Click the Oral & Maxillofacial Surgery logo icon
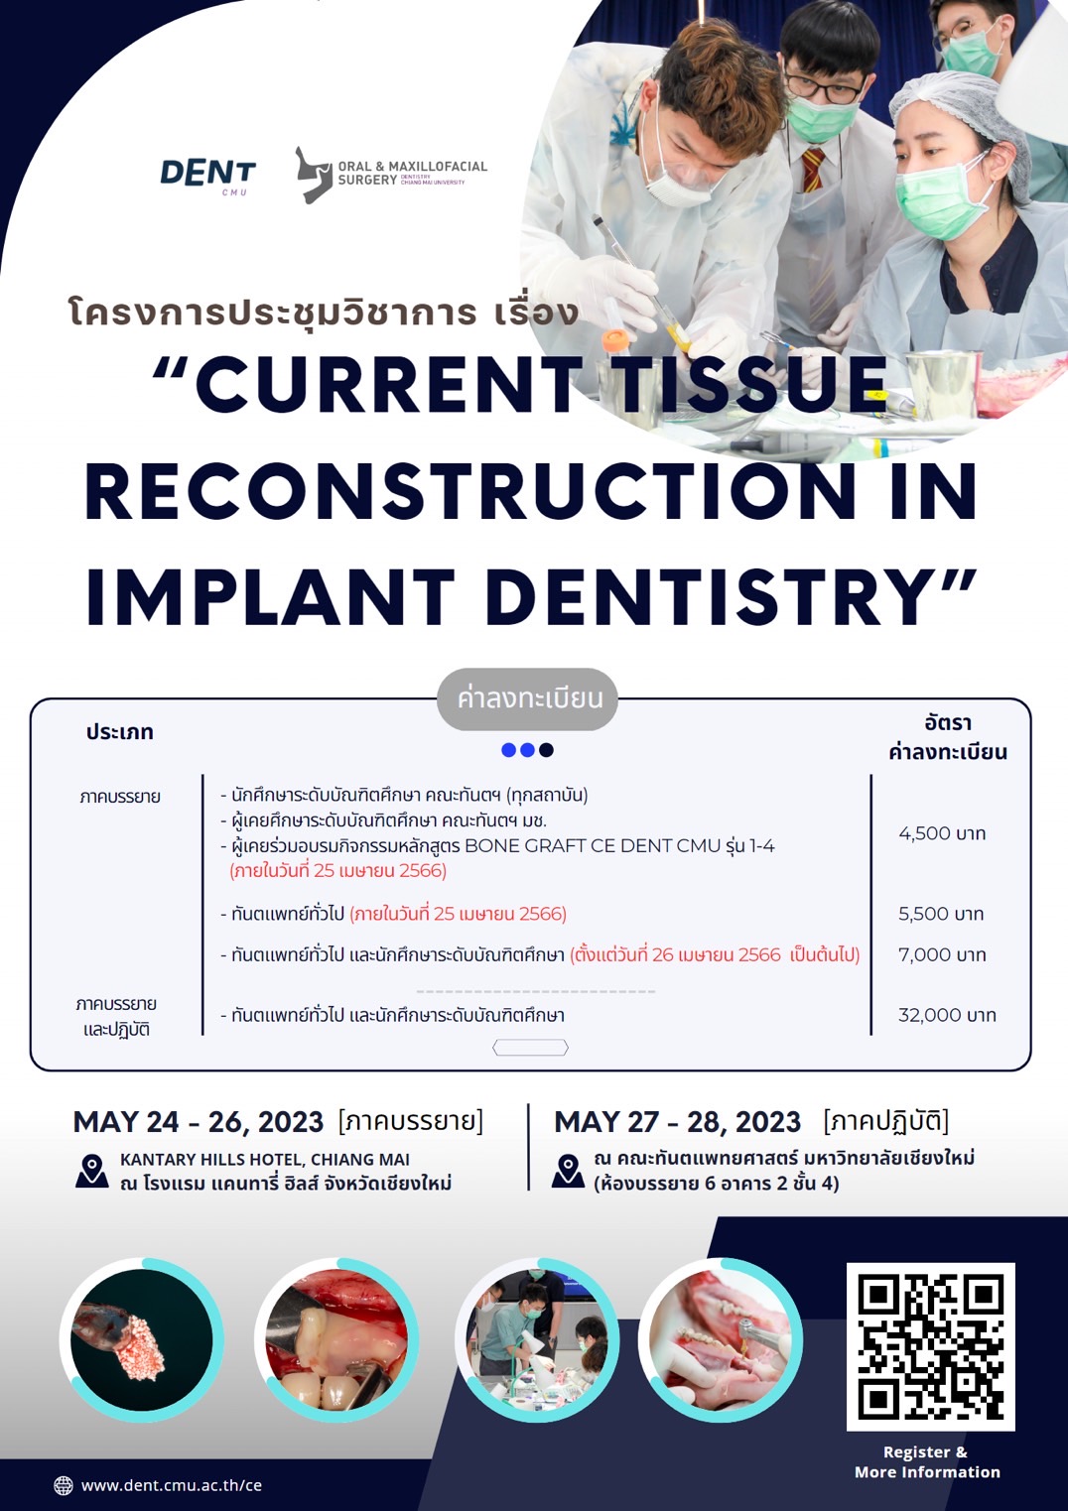pyautogui.click(x=314, y=175)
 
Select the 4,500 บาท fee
pyautogui.click(x=942, y=833)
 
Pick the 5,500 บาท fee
pyautogui.click(x=941, y=914)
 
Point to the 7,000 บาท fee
pyautogui.click(x=942, y=954)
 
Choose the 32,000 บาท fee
pyautogui.click(x=947, y=1015)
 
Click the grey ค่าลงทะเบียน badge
pyautogui.click(x=528, y=698)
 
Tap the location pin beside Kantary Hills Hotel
pyautogui.click(x=92, y=1171)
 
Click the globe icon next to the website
pyautogui.click(x=63, y=1485)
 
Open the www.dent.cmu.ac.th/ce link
pyautogui.click(x=172, y=1485)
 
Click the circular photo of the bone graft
pyautogui.click(x=142, y=1339)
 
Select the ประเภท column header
pyautogui.click(x=119, y=732)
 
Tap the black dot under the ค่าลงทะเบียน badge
pyautogui.click(x=547, y=750)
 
